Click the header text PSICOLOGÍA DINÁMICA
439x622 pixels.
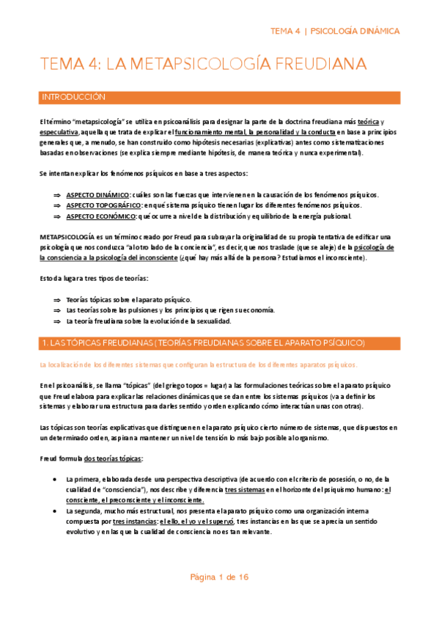coord(355,32)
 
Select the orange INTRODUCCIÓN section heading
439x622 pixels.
coord(74,97)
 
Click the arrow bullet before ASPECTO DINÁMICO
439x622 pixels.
coord(56,194)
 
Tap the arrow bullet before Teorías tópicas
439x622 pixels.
coord(56,300)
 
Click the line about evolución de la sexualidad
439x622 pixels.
coord(148,321)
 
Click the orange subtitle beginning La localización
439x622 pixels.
coord(199,364)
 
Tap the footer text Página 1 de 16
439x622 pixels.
coord(219,577)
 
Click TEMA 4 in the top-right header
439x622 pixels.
coord(285,32)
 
